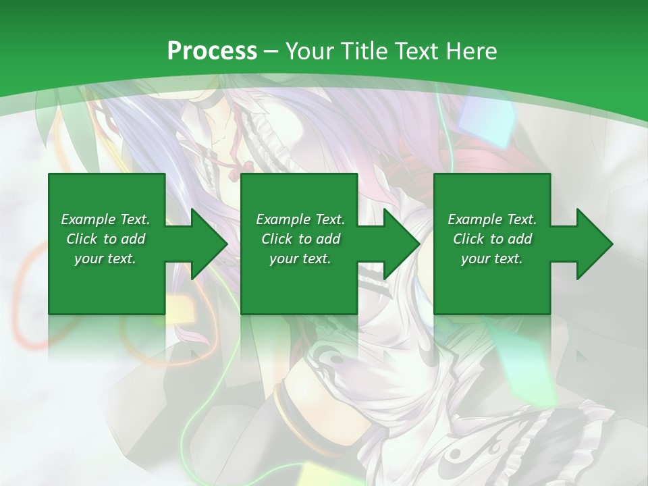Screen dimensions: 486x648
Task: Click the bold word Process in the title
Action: tap(212, 51)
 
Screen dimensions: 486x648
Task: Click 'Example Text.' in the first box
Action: tap(105, 219)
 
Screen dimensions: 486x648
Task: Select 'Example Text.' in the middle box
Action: tap(300, 219)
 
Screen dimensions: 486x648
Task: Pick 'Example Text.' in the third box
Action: tap(492, 219)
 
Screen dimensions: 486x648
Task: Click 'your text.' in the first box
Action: tap(105, 259)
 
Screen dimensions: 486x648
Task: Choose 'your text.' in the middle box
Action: tap(300, 259)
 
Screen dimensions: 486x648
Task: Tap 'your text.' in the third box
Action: tap(492, 259)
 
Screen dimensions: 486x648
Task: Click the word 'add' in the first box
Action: tap(133, 239)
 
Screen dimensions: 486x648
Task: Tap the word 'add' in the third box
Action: tap(520, 239)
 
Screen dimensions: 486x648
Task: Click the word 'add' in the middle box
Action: tap(328, 239)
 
